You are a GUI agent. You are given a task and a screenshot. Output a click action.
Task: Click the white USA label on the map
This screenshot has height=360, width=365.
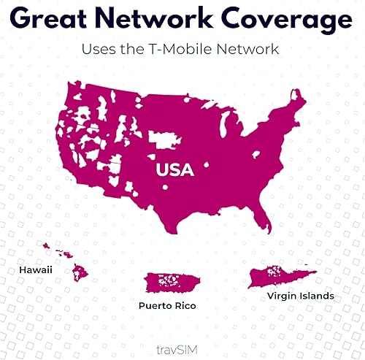[x=174, y=171]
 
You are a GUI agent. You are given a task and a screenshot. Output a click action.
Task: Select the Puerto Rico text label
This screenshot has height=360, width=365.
[x=173, y=305]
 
